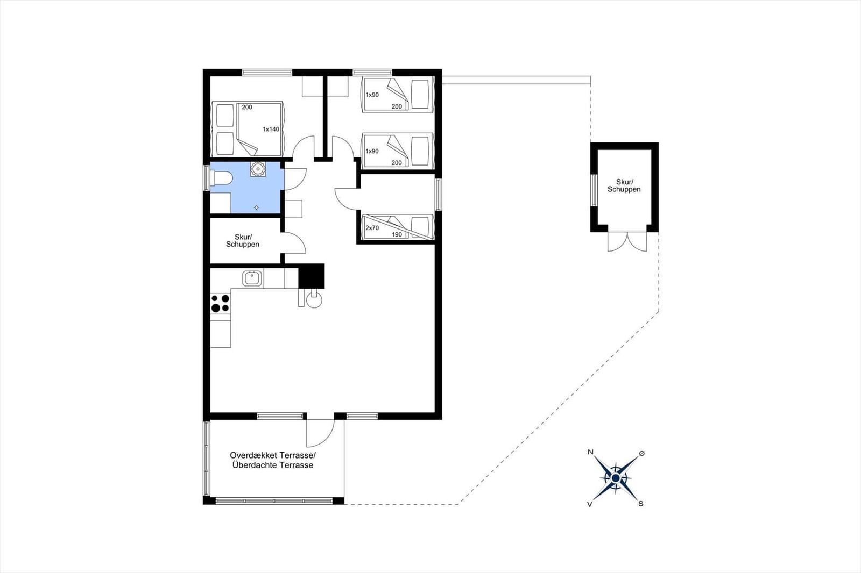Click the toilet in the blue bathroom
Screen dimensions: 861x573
pyautogui.click(x=222, y=178)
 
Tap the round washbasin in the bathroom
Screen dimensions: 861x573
pyautogui.click(x=257, y=169)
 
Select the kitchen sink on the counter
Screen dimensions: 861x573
pyautogui.click(x=252, y=278)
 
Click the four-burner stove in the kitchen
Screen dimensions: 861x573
pyautogui.click(x=220, y=303)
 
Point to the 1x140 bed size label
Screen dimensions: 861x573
pyautogui.click(x=271, y=130)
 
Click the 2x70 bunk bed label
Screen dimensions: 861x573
pyautogui.click(x=372, y=228)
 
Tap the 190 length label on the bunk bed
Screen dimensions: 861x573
pyautogui.click(x=397, y=235)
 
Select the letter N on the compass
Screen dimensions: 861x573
pyautogui.click(x=590, y=452)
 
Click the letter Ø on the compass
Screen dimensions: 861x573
pyautogui.click(x=641, y=454)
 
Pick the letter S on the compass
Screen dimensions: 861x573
pyautogui.click(x=641, y=504)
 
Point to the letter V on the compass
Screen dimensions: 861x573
pyautogui.click(x=590, y=504)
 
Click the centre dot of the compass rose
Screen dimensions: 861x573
pyautogui.click(x=616, y=478)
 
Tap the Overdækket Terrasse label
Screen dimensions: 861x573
pyautogui.click(x=272, y=455)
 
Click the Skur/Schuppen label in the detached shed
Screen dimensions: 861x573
pyautogui.click(x=624, y=185)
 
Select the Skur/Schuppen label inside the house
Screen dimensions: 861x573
pyautogui.click(x=243, y=241)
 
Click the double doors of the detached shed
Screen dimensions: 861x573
pyautogui.click(x=627, y=241)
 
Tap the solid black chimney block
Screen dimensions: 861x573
pyautogui.click(x=312, y=276)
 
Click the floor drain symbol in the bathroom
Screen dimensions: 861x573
pyautogui.click(x=256, y=208)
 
